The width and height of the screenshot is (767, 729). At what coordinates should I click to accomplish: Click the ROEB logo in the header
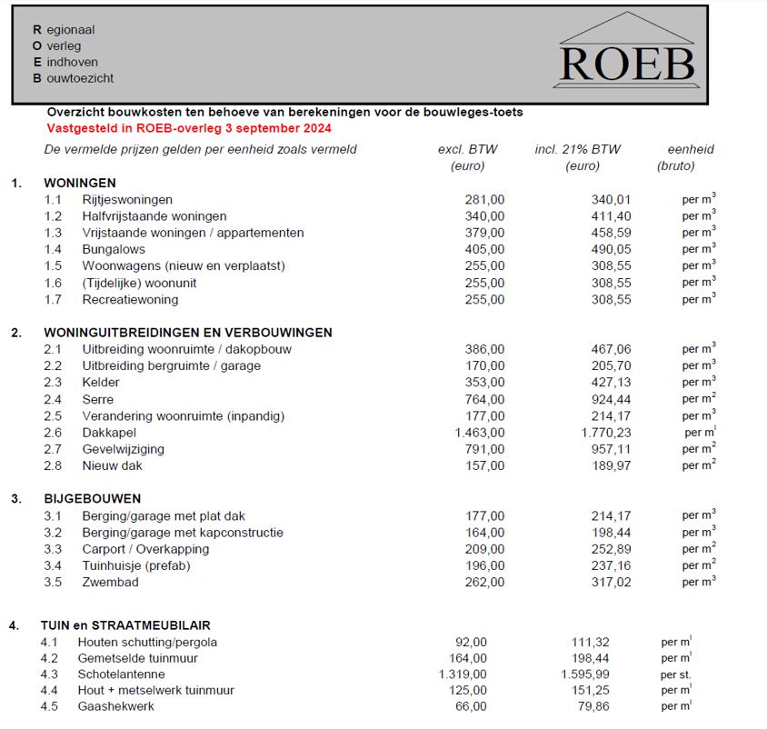[627, 55]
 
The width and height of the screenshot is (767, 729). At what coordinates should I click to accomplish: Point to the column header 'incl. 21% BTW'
[578, 149]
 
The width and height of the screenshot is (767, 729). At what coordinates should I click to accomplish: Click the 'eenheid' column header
[691, 149]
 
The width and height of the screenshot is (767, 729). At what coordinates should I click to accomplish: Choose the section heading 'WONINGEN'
[80, 183]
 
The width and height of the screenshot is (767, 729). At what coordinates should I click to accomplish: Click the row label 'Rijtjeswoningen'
[127, 199]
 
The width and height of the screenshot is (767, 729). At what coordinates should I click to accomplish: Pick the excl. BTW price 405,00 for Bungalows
[484, 249]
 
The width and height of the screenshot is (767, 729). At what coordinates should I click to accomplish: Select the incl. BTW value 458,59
[611, 233]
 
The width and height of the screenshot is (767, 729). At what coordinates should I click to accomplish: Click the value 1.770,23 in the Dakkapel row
[605, 433]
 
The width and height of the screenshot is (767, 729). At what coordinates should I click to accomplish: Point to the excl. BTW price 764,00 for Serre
[484, 399]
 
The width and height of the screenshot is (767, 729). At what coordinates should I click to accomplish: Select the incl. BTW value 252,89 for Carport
[611, 549]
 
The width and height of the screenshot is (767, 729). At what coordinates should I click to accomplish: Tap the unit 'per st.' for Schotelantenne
[676, 674]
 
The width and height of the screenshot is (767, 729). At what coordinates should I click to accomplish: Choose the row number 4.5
[49, 707]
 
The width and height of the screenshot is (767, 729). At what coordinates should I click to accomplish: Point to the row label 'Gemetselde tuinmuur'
[138, 658]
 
